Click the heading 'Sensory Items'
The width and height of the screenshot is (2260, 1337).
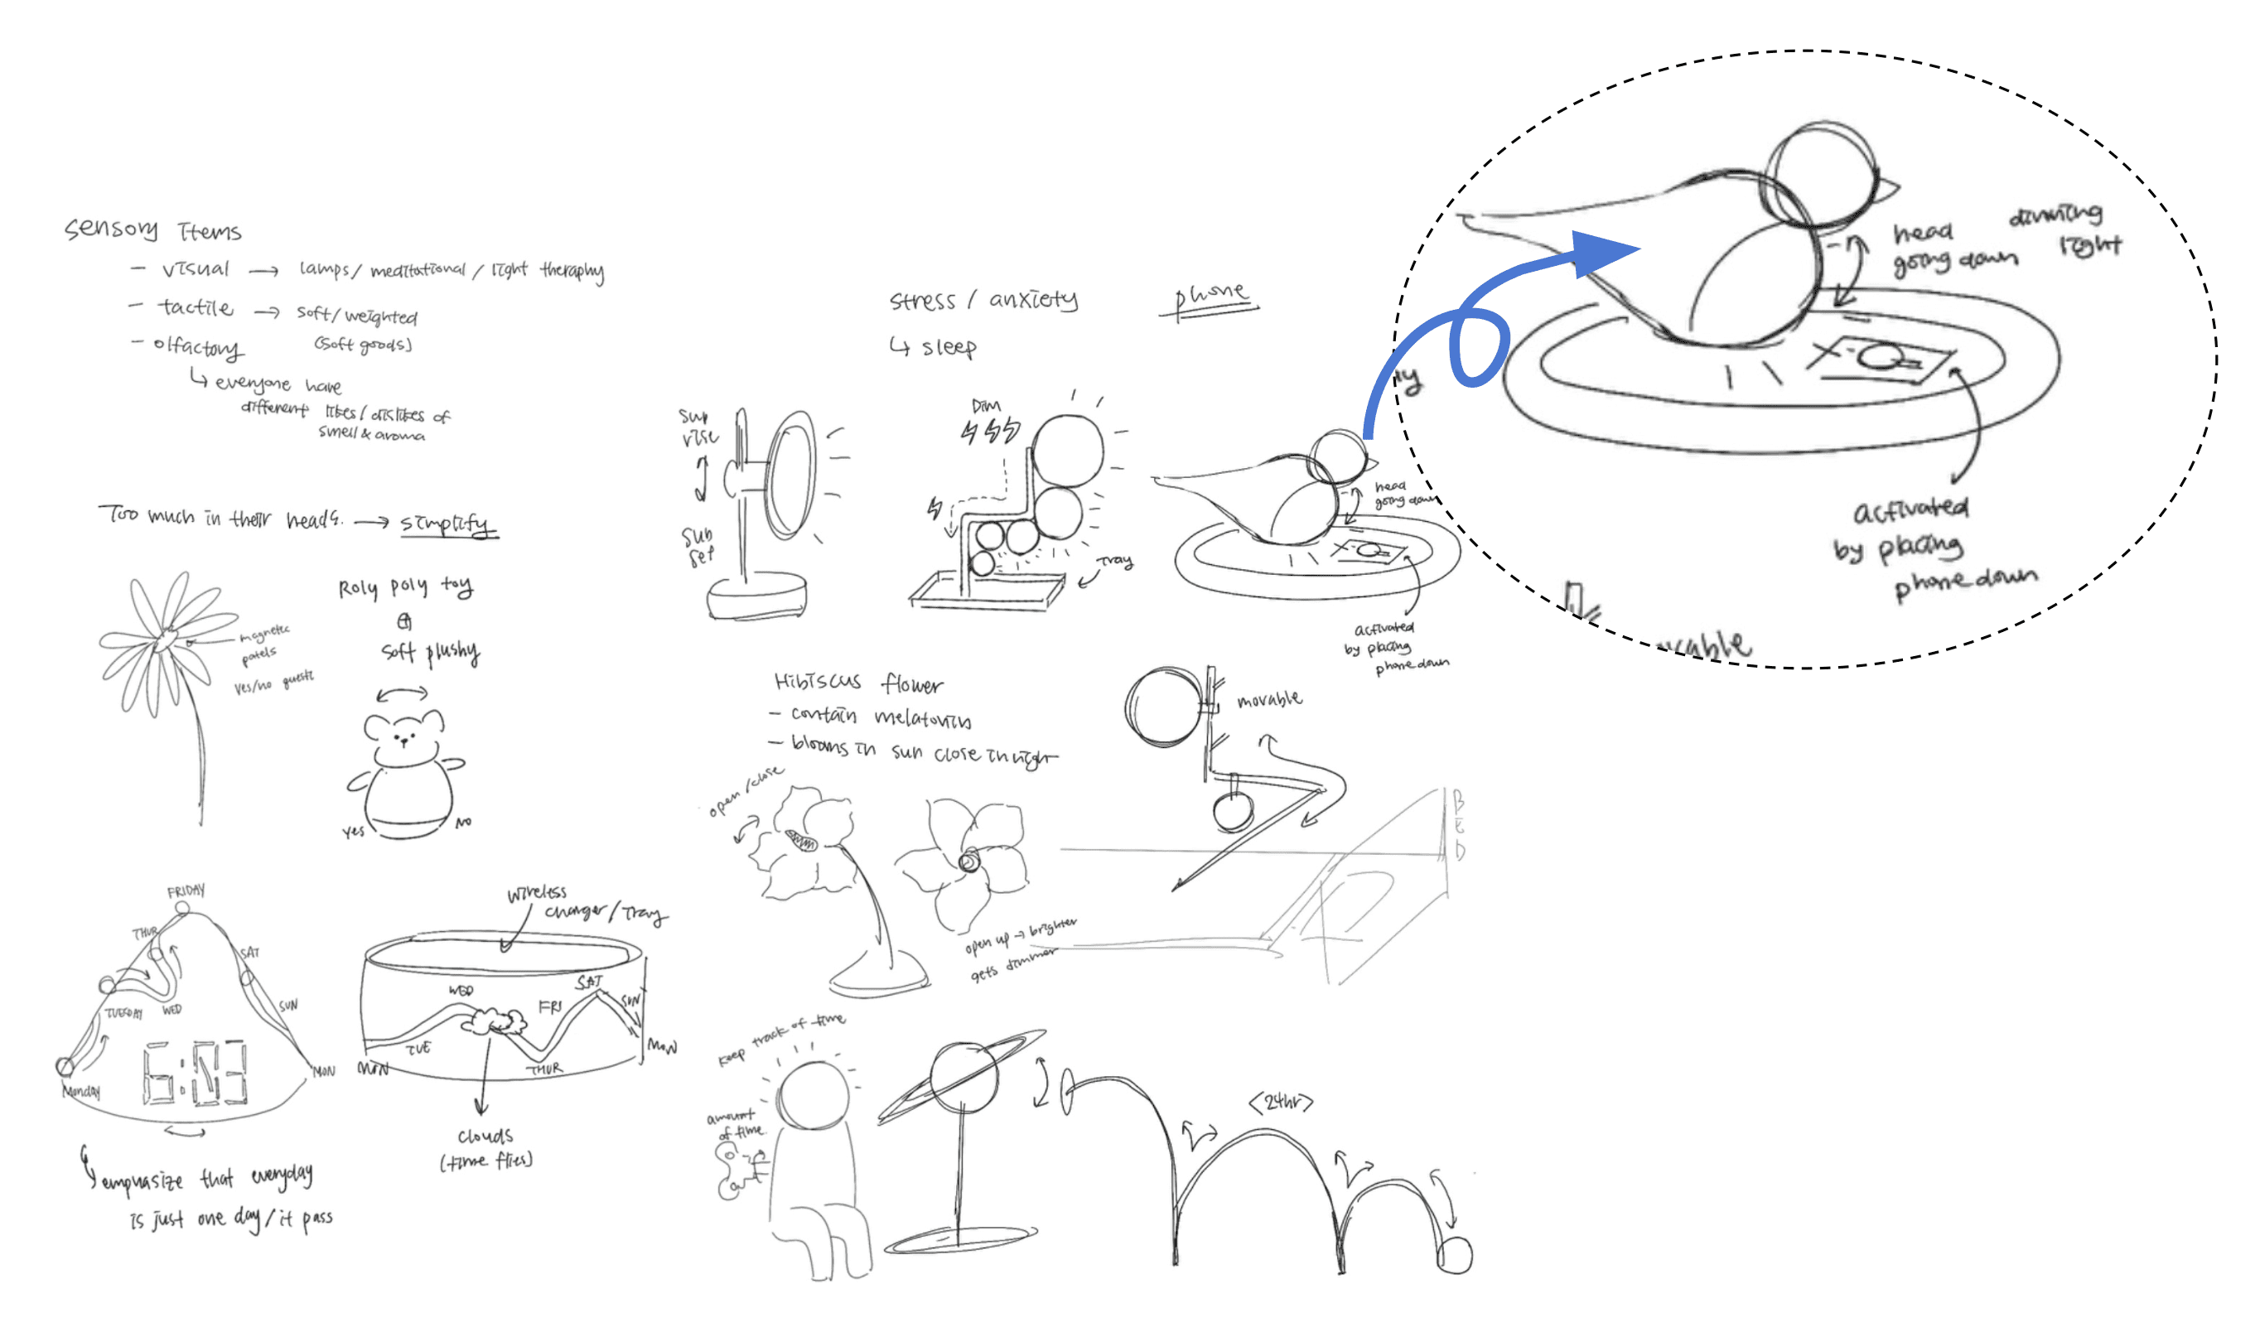click(153, 229)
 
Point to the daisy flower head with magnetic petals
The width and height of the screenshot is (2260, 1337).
click(167, 640)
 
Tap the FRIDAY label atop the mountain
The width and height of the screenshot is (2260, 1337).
click(186, 891)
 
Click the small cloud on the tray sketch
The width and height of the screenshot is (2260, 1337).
click(495, 1021)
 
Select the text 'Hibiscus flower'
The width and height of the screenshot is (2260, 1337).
click(858, 683)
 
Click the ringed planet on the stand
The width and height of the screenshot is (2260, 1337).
click(963, 1078)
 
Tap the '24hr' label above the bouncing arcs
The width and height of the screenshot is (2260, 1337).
click(1280, 1102)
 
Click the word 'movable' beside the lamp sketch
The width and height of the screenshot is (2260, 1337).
click(1269, 699)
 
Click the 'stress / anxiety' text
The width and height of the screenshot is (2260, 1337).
click(983, 300)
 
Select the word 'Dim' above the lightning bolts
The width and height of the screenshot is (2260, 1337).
click(987, 405)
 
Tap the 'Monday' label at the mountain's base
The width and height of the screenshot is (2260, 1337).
click(81, 1091)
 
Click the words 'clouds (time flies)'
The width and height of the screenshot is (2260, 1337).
click(486, 1148)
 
